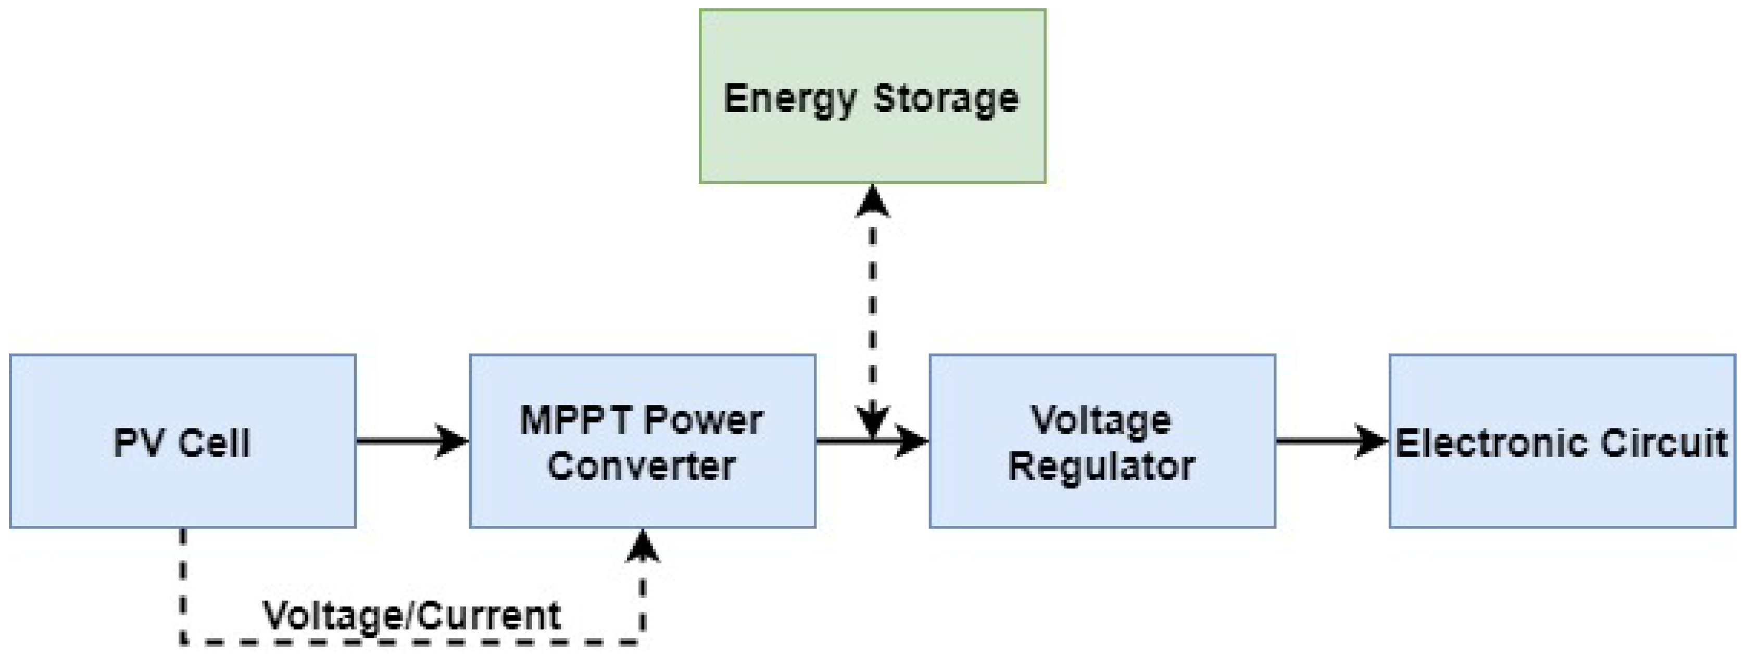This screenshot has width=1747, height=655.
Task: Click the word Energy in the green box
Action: coord(789,99)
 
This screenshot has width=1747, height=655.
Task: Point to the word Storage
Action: coord(946,99)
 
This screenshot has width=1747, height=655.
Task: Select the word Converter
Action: coord(642,467)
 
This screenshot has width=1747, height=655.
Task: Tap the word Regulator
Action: coord(1102,467)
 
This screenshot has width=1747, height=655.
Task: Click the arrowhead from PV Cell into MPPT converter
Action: coord(451,442)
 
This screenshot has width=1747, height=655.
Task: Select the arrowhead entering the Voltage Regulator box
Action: coord(911,442)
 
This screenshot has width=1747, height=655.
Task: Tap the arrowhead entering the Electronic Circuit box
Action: coord(1371,442)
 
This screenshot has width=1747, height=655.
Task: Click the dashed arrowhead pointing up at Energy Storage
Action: coord(872,202)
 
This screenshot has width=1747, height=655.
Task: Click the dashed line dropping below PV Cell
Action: coord(182,583)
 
